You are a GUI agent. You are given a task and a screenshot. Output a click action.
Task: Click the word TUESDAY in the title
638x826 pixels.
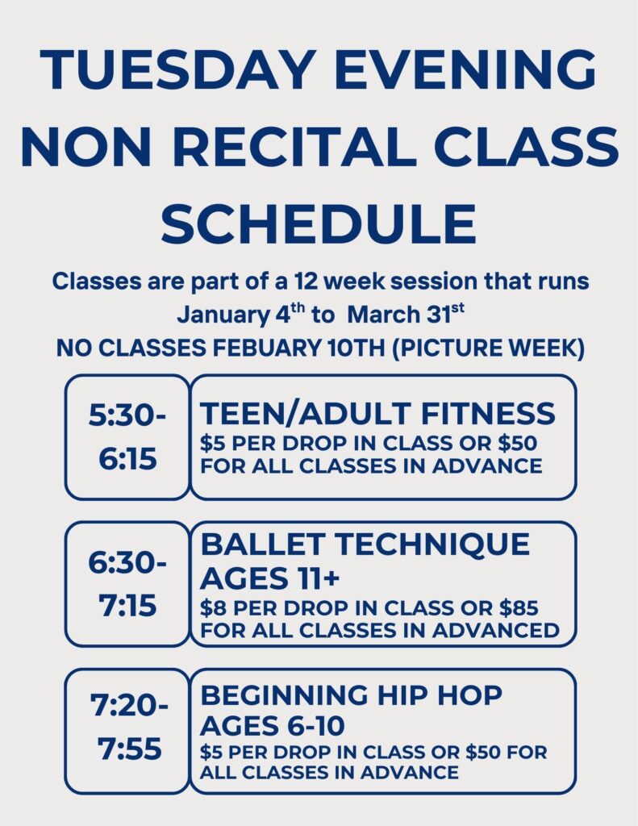coord(175,69)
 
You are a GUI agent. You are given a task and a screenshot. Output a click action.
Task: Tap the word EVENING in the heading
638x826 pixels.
coord(465,69)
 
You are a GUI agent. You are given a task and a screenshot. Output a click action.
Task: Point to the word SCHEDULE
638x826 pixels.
coord(319,223)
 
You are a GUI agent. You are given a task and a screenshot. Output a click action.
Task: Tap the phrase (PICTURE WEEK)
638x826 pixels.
coord(488,348)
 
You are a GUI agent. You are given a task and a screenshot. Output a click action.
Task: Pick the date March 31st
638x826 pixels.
coord(406,315)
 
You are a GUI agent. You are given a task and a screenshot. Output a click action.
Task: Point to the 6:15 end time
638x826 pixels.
coord(127,459)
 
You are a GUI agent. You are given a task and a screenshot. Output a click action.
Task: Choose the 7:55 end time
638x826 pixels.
coord(129,749)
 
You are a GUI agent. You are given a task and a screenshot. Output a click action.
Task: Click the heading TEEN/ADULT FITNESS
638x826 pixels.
coord(377,413)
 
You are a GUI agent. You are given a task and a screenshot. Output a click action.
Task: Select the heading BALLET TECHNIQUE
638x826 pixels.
coord(365,544)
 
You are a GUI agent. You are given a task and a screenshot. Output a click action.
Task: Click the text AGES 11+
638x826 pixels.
coord(269,578)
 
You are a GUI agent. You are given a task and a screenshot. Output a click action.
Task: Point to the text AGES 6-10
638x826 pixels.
coord(273,725)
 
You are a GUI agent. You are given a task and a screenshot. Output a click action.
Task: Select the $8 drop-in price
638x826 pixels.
coord(214,608)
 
